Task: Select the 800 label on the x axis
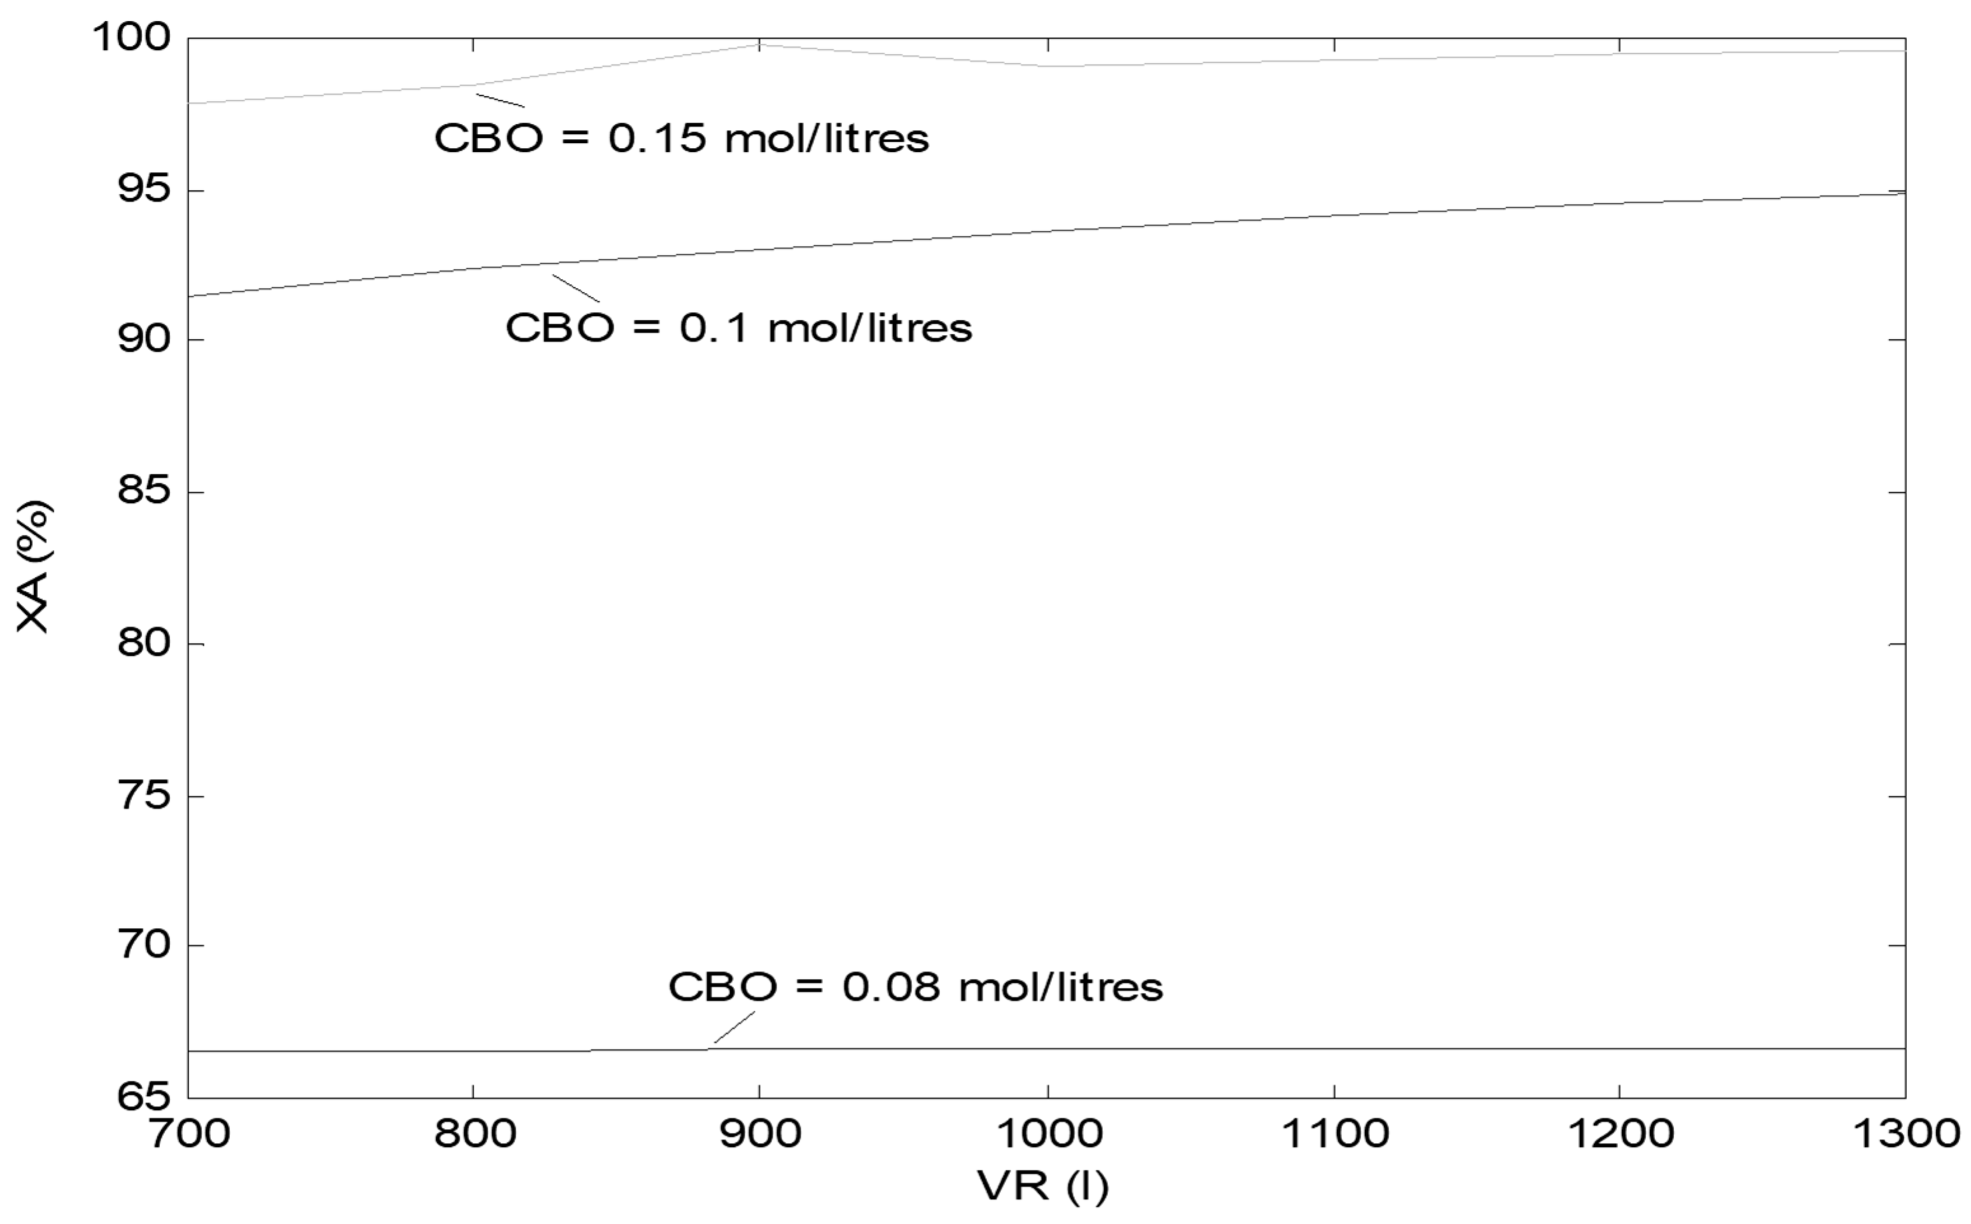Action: click(x=474, y=1133)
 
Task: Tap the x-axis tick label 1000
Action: click(x=1047, y=1133)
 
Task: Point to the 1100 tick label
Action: click(x=1334, y=1133)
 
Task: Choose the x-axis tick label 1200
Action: click(x=1620, y=1133)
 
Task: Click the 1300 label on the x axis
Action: click(x=1906, y=1133)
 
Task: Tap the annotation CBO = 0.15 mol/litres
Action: click(x=681, y=139)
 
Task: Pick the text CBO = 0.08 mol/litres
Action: click(x=915, y=987)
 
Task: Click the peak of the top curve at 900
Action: click(x=759, y=45)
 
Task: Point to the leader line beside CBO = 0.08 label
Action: click(x=734, y=1027)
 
